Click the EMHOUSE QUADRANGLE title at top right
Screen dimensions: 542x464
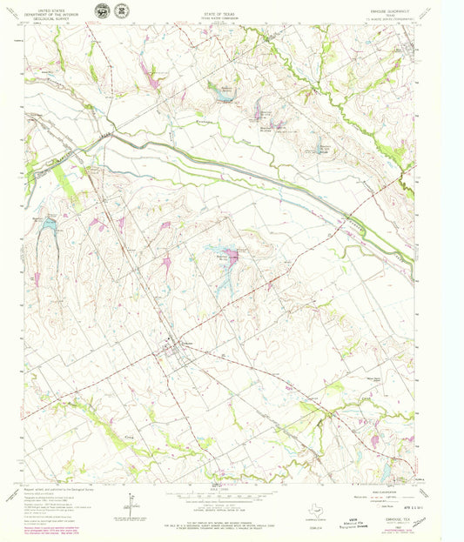[x=407, y=6]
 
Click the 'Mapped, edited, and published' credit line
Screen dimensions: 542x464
[x=61, y=491]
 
